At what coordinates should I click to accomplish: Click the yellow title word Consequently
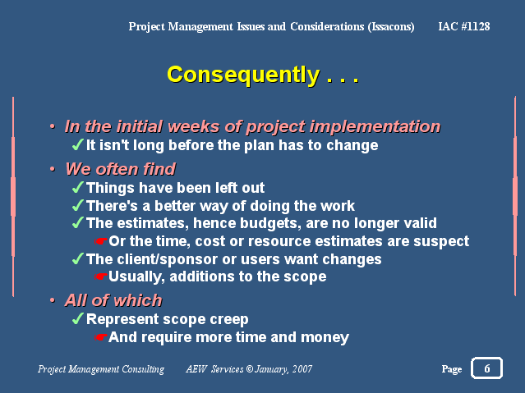click(x=243, y=75)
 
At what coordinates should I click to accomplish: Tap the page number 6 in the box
click(x=487, y=368)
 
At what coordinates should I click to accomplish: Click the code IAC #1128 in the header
click(x=464, y=26)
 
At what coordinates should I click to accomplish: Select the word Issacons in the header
click(x=391, y=27)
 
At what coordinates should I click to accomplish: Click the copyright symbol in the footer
click(x=250, y=369)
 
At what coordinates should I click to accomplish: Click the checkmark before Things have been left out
click(x=78, y=187)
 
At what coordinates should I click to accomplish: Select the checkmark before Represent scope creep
click(x=78, y=318)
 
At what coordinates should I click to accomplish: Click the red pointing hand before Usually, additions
click(x=100, y=276)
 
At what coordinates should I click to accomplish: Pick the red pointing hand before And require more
click(x=100, y=337)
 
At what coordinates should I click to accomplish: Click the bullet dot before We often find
click(x=53, y=169)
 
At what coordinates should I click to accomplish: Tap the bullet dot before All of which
click(x=53, y=300)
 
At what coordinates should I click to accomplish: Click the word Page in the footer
click(x=452, y=369)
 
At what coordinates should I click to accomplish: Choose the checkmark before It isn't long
click(x=78, y=145)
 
